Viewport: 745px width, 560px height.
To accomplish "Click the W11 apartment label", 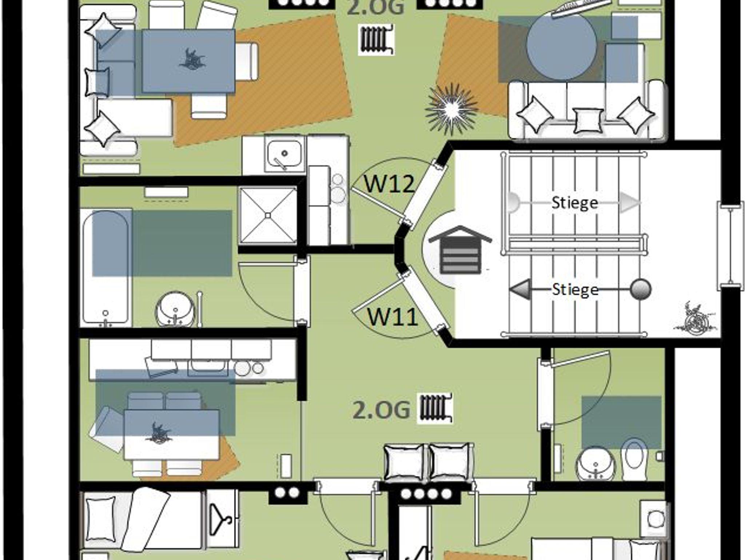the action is (392, 316).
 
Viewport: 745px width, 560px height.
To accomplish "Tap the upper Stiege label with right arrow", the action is (575, 202).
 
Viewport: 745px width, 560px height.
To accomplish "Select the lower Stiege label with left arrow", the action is (575, 289).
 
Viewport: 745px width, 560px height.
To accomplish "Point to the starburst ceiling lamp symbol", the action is (452, 108).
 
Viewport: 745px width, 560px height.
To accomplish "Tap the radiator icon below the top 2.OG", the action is (377, 39).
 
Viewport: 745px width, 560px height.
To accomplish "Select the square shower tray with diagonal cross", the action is (268, 215).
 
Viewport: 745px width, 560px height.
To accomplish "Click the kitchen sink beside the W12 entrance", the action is (284, 154).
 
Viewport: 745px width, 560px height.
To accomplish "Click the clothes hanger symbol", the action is (222, 516).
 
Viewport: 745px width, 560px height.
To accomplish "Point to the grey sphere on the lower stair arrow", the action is (641, 289).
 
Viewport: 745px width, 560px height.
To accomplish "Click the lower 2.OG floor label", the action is (381, 410).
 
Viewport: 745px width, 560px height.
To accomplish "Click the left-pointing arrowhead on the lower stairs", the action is (519, 290).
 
